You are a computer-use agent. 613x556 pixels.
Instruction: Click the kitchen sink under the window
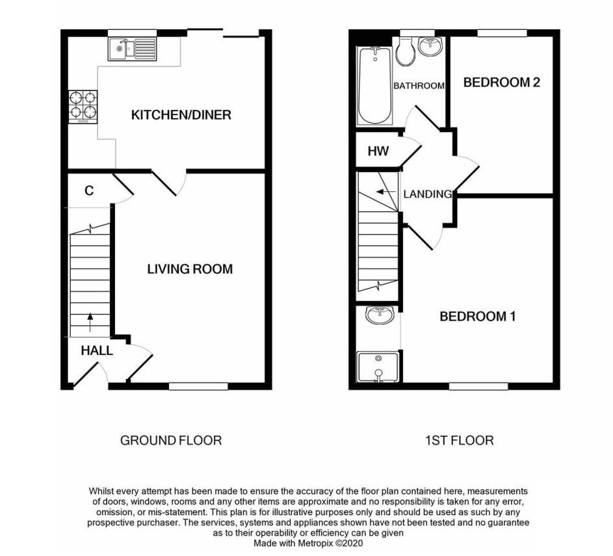pos(133,48)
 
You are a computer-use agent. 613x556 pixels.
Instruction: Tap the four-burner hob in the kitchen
pos(83,107)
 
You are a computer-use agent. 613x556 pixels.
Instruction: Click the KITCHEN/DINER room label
pos(181,115)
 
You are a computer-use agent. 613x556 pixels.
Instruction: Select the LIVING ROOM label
pos(189,269)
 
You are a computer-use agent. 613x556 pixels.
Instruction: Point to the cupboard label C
pos(89,191)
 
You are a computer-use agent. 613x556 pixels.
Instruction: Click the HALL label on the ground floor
pos(97,351)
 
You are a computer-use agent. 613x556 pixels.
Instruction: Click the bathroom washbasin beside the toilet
pos(430,46)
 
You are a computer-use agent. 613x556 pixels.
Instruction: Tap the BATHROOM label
pos(419,86)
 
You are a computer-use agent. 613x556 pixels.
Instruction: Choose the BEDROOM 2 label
pos(501,83)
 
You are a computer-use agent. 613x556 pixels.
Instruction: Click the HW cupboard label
pos(378,152)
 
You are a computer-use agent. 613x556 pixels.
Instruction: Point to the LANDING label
pos(427,194)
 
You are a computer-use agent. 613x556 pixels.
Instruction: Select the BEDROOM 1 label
pos(477,317)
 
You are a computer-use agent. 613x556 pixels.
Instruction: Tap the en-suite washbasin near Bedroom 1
pos(379,316)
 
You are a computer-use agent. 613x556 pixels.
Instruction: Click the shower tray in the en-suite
pos(378,367)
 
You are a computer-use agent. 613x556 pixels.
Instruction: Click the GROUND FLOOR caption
pos(171,440)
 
